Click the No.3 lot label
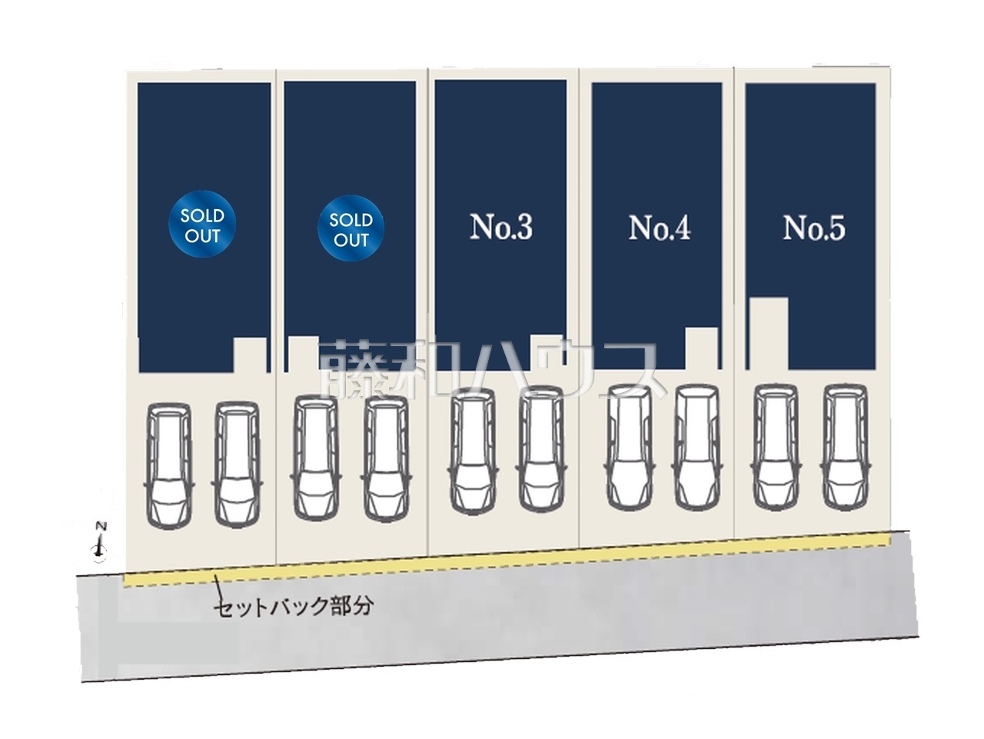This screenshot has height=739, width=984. pyautogui.click(x=500, y=227)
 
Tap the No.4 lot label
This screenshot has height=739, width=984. pyautogui.click(x=659, y=228)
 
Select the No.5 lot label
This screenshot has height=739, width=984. pyautogui.click(x=813, y=228)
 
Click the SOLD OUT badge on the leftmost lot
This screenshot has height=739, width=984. pyautogui.click(x=202, y=224)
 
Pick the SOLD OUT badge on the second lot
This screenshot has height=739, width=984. pyautogui.click(x=351, y=228)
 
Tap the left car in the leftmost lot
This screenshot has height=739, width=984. pyautogui.click(x=169, y=465)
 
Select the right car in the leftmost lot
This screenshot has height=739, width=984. pyautogui.click(x=237, y=464)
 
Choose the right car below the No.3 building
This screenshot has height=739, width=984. pyautogui.click(x=541, y=449)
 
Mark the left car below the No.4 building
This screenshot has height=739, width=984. pyautogui.click(x=630, y=448)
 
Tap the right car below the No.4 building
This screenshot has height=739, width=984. pyautogui.click(x=697, y=448)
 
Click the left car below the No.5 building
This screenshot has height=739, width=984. pyautogui.click(x=776, y=447)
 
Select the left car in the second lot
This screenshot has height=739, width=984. pyautogui.click(x=316, y=458)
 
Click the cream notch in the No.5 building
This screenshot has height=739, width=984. pyautogui.click(x=770, y=333)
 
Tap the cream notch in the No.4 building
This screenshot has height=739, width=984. pyautogui.click(x=702, y=348)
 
